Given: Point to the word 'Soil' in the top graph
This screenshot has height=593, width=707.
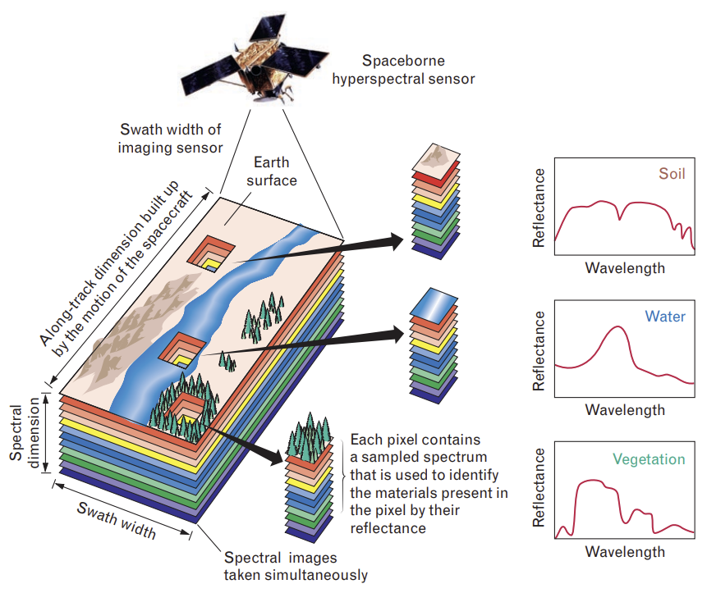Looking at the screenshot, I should pos(671,174).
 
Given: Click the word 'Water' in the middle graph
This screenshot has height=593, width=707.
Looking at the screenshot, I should pos(664,317).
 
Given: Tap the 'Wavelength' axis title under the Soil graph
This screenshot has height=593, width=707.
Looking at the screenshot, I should pos(625,267).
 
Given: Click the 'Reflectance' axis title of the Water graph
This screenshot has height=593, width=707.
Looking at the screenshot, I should pos(539,349).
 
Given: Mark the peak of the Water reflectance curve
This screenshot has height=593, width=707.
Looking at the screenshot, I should pos(617,328).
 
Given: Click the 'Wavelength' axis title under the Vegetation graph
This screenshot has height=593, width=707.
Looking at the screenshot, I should pos(625,551).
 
